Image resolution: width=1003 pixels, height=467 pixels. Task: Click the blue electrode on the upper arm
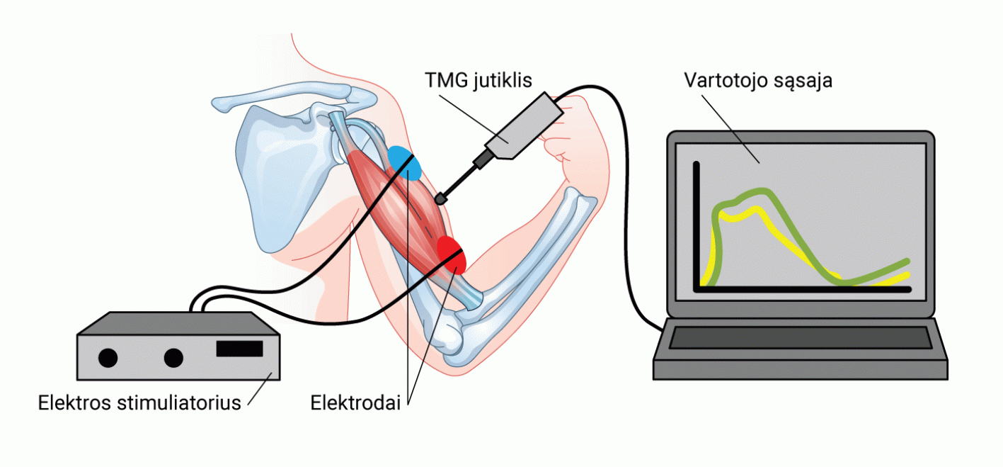(x=404, y=163)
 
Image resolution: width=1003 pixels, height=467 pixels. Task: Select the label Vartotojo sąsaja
(x=758, y=79)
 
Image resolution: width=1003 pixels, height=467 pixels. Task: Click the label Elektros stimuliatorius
(x=139, y=403)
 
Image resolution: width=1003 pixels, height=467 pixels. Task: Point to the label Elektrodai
(x=355, y=403)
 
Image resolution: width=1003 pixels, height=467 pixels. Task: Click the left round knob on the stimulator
(x=108, y=359)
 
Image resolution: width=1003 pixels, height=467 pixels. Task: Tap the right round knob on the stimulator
(x=173, y=359)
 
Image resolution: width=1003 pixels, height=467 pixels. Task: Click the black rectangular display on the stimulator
(x=239, y=349)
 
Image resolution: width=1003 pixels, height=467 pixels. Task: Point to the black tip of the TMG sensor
(x=442, y=199)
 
